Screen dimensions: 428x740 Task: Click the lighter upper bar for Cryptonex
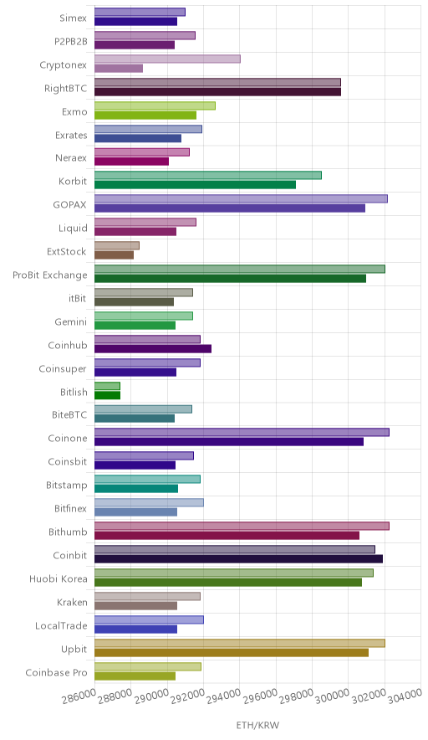[167, 59]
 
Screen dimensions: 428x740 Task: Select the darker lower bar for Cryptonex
[119, 69]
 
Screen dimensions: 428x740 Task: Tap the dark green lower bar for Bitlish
[108, 395]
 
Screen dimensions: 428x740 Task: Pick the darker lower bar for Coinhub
[153, 349]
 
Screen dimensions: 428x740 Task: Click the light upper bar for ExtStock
[117, 245]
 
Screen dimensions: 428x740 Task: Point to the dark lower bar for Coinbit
[238, 559]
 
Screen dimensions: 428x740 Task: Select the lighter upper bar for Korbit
[208, 175]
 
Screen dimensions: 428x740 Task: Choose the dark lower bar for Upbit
[232, 653]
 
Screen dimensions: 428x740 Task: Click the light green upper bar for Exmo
[155, 105]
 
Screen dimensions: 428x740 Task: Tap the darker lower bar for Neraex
[131, 162]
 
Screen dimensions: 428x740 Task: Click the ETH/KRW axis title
[257, 726]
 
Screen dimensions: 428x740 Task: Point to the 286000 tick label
[82, 695]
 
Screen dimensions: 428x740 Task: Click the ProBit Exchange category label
[50, 275]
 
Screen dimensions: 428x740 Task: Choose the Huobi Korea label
[59, 578]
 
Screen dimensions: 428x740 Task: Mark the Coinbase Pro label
[57, 672]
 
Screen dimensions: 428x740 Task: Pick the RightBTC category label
[66, 88]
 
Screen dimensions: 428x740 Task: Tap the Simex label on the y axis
[73, 18]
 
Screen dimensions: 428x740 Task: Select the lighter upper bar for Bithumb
[242, 527]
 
